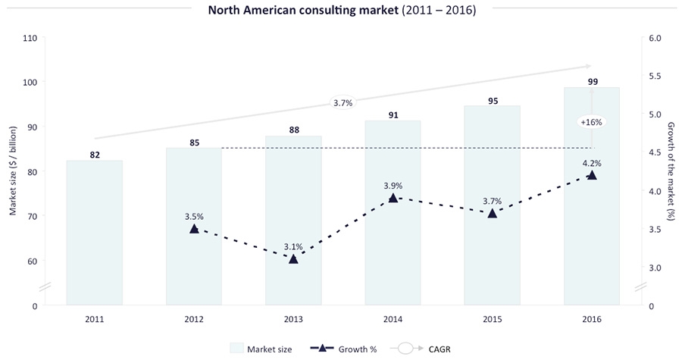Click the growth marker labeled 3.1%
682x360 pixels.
[293, 258]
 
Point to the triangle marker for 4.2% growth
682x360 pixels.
[592, 175]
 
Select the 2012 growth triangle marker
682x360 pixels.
[194, 228]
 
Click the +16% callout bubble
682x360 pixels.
[592, 121]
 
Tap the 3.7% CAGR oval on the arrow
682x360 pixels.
[343, 103]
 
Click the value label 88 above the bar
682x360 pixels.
[293, 130]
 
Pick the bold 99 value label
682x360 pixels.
[592, 80]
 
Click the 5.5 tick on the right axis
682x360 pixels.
[655, 76]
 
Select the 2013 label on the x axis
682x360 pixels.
[293, 318]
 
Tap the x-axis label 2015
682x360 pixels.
[493, 318]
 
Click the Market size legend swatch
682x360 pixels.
[237, 348]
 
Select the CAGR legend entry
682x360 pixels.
[421, 348]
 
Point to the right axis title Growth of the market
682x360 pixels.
[670, 171]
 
